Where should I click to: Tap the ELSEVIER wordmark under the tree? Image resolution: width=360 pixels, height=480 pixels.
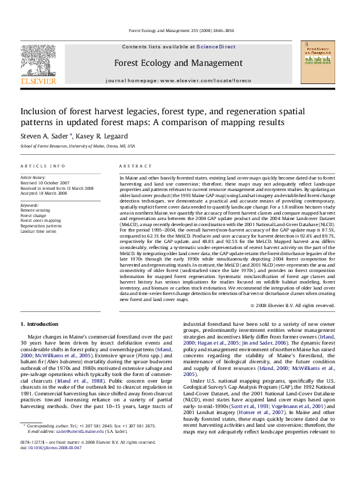tap(38, 80)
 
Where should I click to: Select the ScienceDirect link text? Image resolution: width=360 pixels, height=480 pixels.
tap(215, 47)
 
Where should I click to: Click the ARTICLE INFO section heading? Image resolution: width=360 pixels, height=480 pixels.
tap(42, 166)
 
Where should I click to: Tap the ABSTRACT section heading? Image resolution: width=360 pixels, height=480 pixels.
tap(131, 166)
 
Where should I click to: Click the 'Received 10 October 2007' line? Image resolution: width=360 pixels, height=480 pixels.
tap(45, 183)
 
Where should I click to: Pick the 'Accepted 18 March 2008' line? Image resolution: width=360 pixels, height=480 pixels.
tap(44, 193)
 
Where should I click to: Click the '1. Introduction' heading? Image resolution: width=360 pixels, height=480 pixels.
tap(39, 325)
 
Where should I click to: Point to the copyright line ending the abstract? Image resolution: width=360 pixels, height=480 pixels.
tap(292, 306)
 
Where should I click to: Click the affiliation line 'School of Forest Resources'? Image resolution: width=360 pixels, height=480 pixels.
tap(77, 146)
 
